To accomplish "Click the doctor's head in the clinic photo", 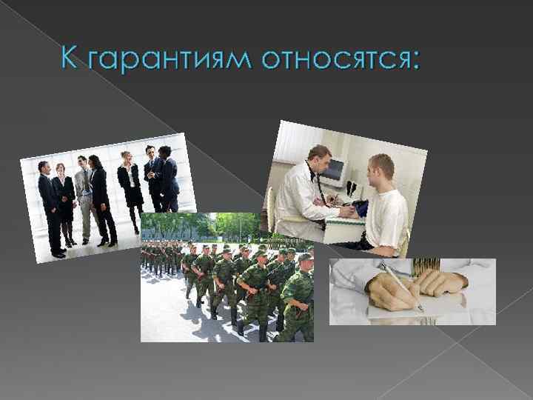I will click(320, 158).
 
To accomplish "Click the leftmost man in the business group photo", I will click(50, 207).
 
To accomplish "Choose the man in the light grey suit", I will click(84, 196).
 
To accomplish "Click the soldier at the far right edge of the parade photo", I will click(298, 296).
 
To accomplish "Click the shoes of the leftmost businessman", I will click(57, 254).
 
